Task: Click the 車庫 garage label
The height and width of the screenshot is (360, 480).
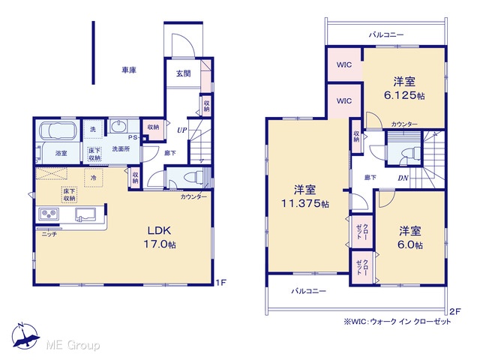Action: pyautogui.click(x=129, y=70)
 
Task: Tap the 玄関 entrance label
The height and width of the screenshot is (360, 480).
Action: pyautogui.click(x=183, y=73)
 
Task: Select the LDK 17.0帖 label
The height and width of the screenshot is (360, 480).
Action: pyautogui.click(x=160, y=237)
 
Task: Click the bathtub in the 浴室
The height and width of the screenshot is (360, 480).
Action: pyautogui.click(x=58, y=129)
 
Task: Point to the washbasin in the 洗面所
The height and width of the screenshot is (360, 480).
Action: pyautogui.click(x=118, y=126)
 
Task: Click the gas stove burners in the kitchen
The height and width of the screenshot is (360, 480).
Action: pyautogui.click(x=49, y=214)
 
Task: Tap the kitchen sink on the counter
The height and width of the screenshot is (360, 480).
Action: pyautogui.click(x=85, y=214)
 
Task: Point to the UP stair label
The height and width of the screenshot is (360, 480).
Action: pyautogui.click(x=181, y=130)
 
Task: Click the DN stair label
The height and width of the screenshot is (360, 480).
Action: pyautogui.click(x=403, y=178)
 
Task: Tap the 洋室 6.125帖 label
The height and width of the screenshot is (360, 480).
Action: pyautogui.click(x=404, y=88)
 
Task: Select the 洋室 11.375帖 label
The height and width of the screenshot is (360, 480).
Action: pyautogui.click(x=305, y=196)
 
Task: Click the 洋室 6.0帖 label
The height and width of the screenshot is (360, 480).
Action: pyautogui.click(x=410, y=238)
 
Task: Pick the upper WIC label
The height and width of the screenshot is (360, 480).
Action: pyautogui.click(x=344, y=64)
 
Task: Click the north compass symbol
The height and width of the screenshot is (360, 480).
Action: pyautogui.click(x=25, y=336)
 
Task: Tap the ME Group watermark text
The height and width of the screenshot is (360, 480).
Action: pyautogui.click(x=73, y=346)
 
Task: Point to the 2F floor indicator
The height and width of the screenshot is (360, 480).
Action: pyautogui.click(x=455, y=312)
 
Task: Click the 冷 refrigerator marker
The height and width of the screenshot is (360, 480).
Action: pyautogui.click(x=93, y=178)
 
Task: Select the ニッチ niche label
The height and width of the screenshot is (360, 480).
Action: pyautogui.click(x=49, y=235)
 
